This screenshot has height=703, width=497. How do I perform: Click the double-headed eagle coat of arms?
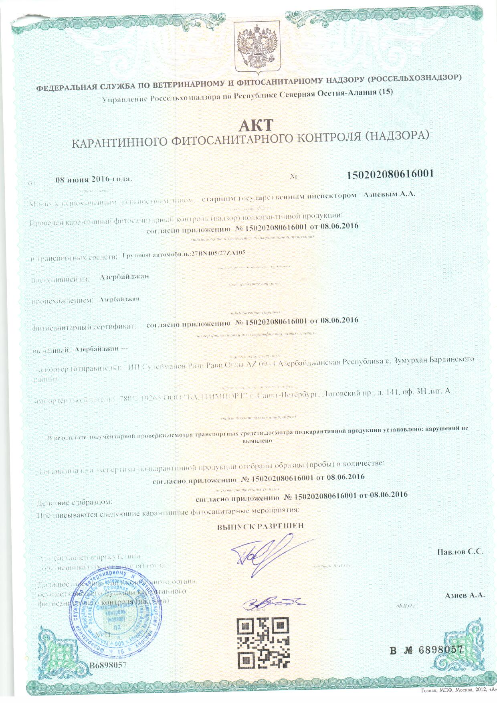(257, 45)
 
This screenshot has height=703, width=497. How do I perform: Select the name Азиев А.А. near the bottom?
(465, 595)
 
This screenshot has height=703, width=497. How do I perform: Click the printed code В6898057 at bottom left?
(108, 665)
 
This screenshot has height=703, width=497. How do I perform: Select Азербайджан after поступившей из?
(122, 277)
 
